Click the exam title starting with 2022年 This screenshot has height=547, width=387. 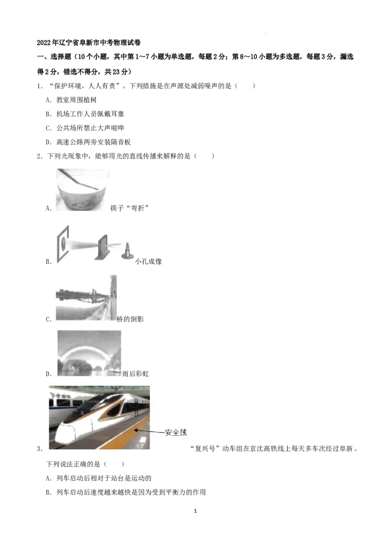pos(89,43)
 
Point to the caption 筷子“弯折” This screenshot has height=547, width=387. pos(129,208)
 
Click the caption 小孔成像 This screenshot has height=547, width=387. pos(149,261)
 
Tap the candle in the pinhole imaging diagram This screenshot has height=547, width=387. pos(128,251)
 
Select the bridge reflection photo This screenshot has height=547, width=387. pos(86,298)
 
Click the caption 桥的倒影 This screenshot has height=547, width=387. pos(130,319)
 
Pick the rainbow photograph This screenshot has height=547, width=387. pos(89,353)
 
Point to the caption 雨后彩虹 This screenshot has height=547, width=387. pos(135,374)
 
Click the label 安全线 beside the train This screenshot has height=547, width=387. pos(176,432)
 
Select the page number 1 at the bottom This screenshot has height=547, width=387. pos(195,511)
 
